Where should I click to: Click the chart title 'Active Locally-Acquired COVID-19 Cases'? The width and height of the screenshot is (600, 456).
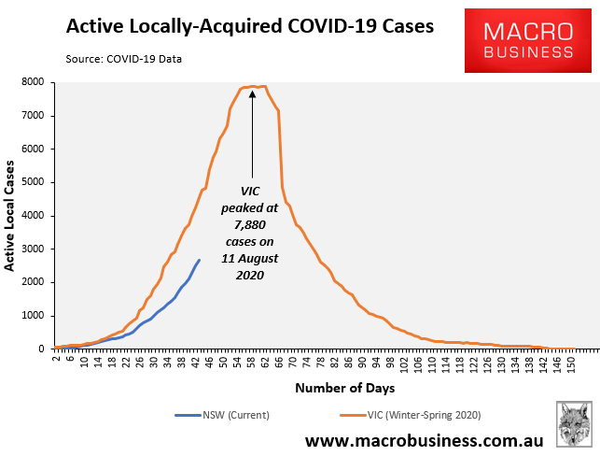(249, 26)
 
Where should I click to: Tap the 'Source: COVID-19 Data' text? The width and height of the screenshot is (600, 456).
(124, 59)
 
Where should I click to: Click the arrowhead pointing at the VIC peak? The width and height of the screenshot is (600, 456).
(252, 93)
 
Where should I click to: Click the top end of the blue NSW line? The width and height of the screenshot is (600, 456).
(199, 260)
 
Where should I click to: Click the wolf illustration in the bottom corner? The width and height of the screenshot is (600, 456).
(574, 425)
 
